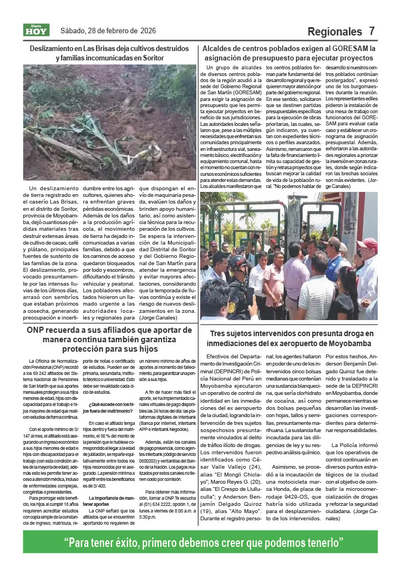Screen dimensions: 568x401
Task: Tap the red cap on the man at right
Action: pos(368,243)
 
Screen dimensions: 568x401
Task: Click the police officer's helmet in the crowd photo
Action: pos(238,261)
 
